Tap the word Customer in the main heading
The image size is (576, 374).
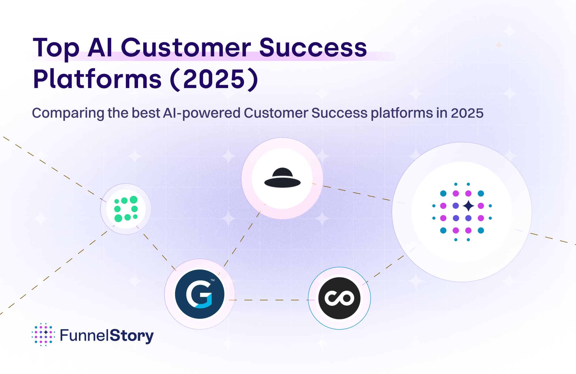186,47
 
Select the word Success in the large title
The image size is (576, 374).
313,47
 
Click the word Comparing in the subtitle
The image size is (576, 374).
68,113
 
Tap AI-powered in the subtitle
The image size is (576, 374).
202,113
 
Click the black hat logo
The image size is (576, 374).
282,178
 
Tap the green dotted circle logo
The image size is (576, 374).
126,209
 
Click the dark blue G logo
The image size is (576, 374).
200,294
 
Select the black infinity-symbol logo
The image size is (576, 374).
339,298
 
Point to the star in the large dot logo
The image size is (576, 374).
468,206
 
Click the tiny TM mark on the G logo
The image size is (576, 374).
213,280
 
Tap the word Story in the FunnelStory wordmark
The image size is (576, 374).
132,336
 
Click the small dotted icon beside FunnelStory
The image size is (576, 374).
43,334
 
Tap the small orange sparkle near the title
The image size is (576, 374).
499,45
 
